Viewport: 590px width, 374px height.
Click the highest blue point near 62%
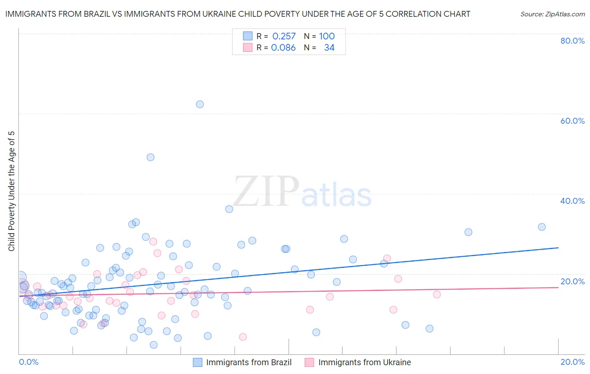point(200,104)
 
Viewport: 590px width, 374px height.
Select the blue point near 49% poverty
point(150,157)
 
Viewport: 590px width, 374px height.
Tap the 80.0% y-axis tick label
point(572,41)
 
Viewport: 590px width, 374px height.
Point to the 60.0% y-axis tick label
point(572,121)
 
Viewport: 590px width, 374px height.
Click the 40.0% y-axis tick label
point(572,201)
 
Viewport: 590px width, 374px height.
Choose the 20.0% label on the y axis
point(572,281)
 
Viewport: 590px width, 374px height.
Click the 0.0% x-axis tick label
point(29,362)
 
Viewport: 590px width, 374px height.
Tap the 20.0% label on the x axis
point(572,362)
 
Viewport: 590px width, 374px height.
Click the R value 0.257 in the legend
point(284,36)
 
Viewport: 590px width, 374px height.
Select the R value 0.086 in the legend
point(283,48)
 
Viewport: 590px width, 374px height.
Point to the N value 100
point(326,36)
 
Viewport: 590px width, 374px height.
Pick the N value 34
point(329,48)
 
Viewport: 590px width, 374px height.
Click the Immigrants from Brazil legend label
point(249,362)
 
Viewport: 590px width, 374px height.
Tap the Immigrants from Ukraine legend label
point(364,362)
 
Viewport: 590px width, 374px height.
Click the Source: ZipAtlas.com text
point(552,14)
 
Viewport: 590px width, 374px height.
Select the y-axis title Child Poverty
point(12,191)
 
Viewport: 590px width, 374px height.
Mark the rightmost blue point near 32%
point(542,227)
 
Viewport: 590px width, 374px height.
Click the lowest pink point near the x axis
point(243,337)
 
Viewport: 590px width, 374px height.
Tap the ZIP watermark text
point(266,192)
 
